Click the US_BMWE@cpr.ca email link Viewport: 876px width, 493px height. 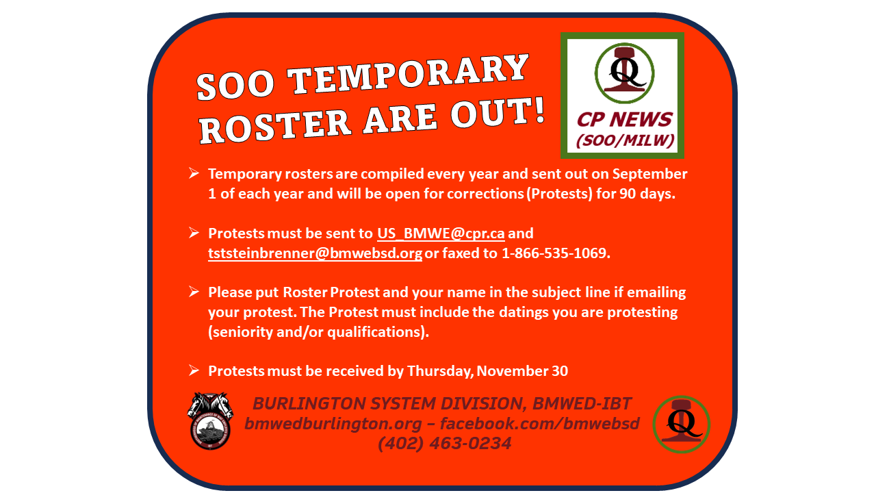pos(441,233)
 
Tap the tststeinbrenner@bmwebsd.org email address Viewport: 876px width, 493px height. pos(315,253)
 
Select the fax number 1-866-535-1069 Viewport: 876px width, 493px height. pos(556,253)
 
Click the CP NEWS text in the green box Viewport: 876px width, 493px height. pos(624,119)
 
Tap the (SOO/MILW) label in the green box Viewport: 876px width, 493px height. pos(626,140)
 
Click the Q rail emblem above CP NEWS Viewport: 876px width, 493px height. pos(625,73)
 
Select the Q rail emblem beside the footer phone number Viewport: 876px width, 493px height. pos(682,425)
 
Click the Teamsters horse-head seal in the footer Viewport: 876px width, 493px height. pos(210,421)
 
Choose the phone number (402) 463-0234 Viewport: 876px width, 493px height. pos(445,443)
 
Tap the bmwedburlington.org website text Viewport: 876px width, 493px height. pos(333,424)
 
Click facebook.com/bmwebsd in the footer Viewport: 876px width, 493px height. pos(540,423)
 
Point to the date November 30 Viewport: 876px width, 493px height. pos(522,371)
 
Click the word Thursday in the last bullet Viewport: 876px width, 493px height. pos(439,371)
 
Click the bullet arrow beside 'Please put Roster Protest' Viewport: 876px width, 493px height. pos(194,292)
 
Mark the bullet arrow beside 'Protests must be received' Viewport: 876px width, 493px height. pos(194,370)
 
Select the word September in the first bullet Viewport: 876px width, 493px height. pos(649,174)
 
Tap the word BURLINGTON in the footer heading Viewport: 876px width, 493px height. pos(309,403)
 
